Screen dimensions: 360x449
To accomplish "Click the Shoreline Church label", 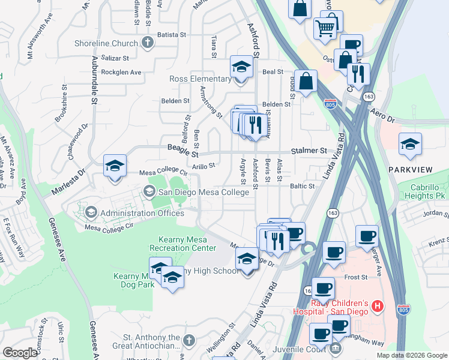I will point(106,43).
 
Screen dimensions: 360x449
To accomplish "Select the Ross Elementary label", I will point(200,79).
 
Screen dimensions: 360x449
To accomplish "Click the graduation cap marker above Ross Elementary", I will point(241,68).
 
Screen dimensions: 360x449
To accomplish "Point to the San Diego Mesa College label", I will point(203,193).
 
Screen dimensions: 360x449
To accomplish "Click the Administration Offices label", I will point(142,213).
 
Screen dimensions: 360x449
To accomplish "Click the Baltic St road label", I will point(303,187).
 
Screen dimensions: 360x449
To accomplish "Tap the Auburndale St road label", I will point(94,85).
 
